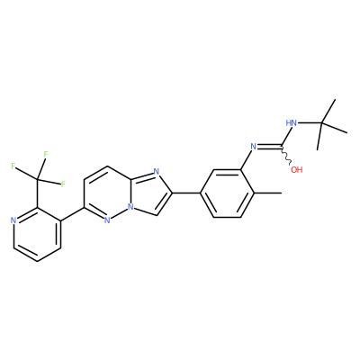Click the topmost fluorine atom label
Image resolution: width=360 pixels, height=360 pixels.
pos(46,155)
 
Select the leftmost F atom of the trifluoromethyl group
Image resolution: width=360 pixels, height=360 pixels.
pos(13,166)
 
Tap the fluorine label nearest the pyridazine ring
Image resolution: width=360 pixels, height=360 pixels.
pos(63,184)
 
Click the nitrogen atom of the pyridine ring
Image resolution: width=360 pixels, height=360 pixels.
pos(13,220)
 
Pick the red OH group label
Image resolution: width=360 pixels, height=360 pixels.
pos(297,170)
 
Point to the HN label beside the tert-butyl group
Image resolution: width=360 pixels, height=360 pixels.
pos(291,123)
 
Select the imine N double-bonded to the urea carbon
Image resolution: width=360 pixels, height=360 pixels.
pos(254,147)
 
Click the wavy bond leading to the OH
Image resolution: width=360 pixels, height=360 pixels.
pos(286,156)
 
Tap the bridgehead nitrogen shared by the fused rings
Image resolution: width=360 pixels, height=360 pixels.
pos(130,207)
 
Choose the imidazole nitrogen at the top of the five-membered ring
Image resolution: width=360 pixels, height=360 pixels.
pos(156,172)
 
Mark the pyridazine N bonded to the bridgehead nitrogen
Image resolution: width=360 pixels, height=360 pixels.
pos(107,220)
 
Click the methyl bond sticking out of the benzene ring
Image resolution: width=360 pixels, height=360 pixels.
pos(268,193)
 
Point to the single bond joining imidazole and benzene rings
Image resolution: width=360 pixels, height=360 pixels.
pos(185,193)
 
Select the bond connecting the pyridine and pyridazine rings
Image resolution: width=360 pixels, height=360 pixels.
pos(73,214)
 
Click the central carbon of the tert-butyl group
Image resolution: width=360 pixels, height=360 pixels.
pos(321,122)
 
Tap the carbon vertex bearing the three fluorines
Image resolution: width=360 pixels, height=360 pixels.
pos(37,180)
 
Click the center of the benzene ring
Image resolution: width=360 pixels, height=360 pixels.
pos(227,193)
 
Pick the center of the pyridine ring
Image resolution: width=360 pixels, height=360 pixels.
pos(37,234)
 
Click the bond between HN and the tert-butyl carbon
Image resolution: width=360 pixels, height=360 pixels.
pos(310,122)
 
